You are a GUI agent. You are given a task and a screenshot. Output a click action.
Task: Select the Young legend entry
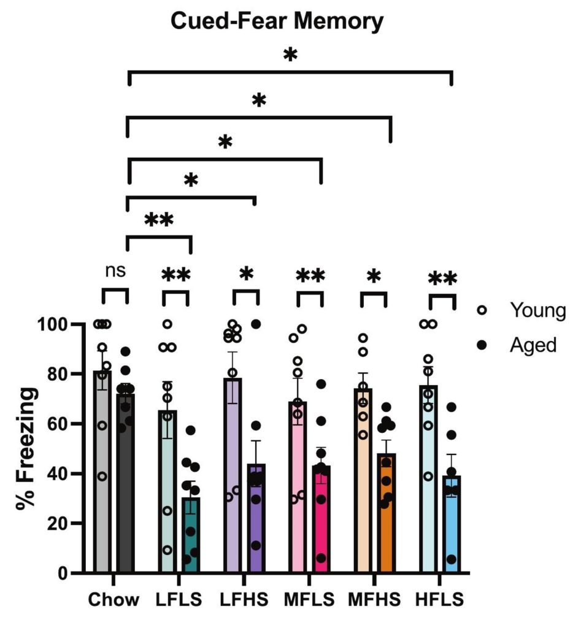(x=538, y=310)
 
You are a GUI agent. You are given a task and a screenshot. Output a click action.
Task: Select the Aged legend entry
(x=533, y=345)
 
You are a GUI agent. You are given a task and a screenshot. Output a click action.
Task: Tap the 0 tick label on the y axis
(x=63, y=573)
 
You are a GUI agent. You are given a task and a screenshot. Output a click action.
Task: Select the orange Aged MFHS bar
(x=386, y=521)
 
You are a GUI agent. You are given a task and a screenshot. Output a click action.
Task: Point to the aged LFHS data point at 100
(x=256, y=324)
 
